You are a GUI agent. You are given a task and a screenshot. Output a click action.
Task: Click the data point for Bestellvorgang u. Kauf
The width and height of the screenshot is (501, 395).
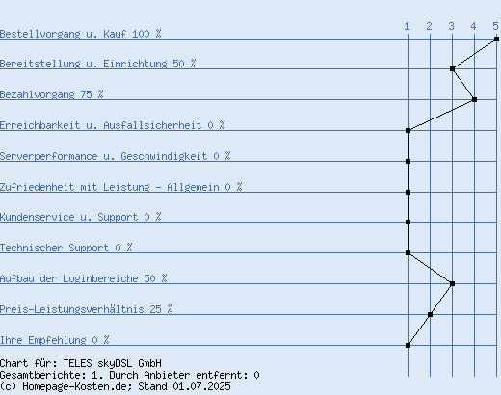click(496, 39)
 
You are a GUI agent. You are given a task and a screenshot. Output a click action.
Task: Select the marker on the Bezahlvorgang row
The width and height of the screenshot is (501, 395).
click(474, 99)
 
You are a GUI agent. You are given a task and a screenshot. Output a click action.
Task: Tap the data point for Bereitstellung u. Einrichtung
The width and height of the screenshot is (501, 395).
click(452, 68)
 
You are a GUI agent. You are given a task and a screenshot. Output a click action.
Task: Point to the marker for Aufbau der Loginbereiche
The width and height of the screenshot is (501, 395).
click(452, 283)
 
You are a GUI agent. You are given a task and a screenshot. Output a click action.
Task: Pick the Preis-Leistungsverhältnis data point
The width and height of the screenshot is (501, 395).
click(430, 314)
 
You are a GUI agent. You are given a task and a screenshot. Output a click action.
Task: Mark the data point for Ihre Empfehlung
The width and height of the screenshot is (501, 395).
click(408, 345)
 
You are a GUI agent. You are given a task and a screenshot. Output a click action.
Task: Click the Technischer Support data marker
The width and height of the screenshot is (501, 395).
click(408, 252)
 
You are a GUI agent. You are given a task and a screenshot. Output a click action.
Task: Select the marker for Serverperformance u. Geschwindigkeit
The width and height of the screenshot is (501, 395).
click(408, 161)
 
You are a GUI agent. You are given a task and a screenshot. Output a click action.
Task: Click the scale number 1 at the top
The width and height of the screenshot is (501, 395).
click(407, 26)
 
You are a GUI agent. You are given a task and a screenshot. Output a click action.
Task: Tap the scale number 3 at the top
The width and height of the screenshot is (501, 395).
click(452, 26)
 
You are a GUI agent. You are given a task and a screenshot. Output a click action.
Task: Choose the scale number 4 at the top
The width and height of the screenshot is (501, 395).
click(473, 26)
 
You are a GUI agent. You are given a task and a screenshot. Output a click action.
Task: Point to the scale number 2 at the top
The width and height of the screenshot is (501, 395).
click(430, 26)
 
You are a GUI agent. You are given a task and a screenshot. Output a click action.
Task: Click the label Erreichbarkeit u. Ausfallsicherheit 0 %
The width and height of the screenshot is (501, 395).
click(113, 125)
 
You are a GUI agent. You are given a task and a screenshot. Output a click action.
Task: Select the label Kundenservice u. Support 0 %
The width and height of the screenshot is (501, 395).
click(81, 217)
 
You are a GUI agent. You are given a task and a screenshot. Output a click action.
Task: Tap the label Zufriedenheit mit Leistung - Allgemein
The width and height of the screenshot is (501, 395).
click(110, 187)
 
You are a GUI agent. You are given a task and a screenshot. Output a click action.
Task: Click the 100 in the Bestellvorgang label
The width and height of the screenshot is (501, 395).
click(141, 34)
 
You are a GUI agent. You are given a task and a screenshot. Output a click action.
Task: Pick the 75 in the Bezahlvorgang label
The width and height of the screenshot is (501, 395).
click(86, 94)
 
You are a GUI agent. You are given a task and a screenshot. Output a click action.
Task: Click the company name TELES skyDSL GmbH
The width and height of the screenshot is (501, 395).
click(113, 363)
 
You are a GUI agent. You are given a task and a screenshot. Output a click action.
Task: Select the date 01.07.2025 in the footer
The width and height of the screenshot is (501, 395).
click(201, 386)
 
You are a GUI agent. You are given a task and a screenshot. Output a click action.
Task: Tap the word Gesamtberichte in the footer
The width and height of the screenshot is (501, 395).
click(43, 375)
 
